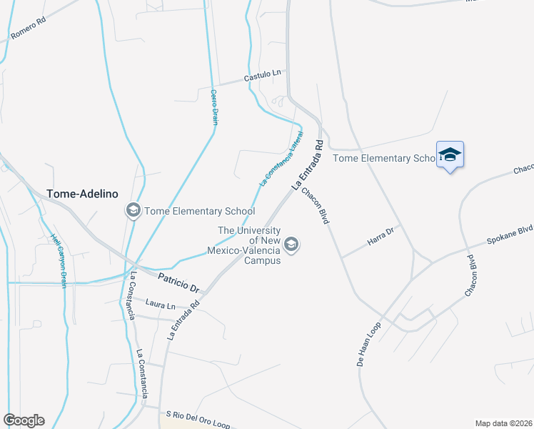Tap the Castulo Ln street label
(264, 74)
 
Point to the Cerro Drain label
(213, 107)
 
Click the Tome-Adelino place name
(81, 194)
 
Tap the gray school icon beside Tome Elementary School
(133, 211)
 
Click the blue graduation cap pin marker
(450, 155)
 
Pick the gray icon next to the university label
(291, 245)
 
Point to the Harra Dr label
(381, 237)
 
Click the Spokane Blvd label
(510, 235)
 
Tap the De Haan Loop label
(370, 345)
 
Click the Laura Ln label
(160, 305)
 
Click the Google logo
(24, 420)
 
